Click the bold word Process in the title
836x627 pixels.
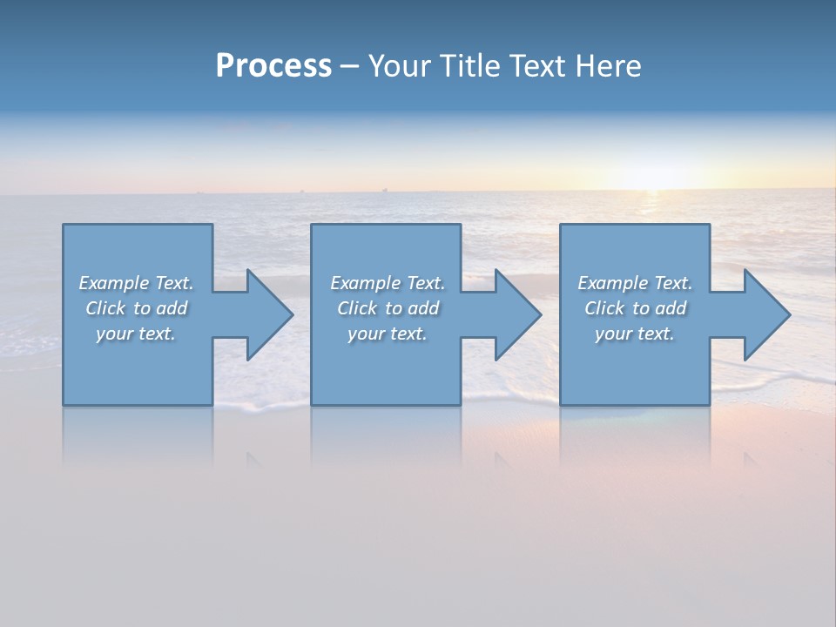[273, 66]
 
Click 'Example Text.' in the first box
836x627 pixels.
[137, 283]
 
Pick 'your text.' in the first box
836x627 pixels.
[137, 334]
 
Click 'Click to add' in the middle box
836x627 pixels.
[388, 308]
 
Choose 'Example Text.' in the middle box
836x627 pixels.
[388, 283]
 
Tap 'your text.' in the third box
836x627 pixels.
[635, 334]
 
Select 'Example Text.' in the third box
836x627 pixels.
[635, 283]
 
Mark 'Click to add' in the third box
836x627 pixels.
[635, 308]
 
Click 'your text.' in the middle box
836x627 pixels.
[388, 334]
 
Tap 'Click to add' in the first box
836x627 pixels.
[137, 308]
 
